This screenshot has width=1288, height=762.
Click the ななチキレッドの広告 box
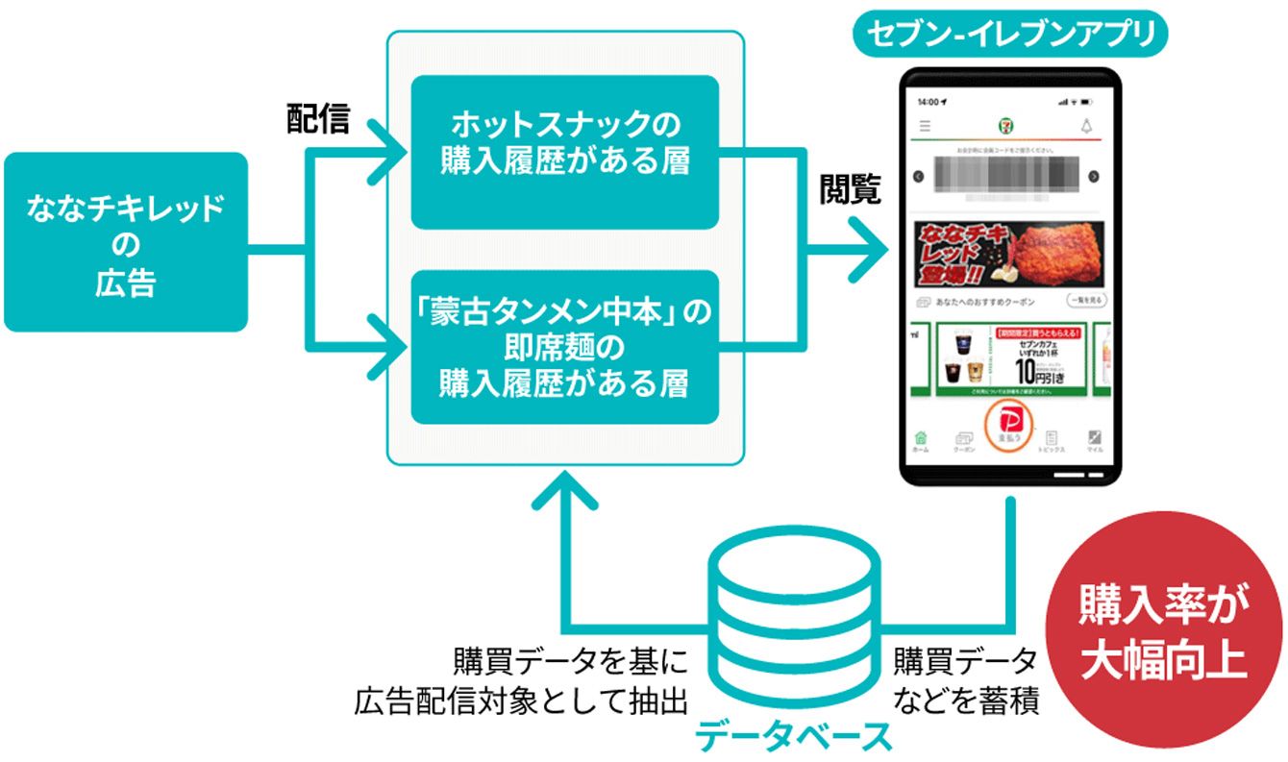pos(126,241)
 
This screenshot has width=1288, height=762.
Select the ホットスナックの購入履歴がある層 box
pos(565,151)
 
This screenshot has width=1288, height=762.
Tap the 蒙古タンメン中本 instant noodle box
pos(565,347)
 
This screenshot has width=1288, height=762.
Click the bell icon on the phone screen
pos(1087,126)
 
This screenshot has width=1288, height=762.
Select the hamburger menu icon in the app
pos(925,126)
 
